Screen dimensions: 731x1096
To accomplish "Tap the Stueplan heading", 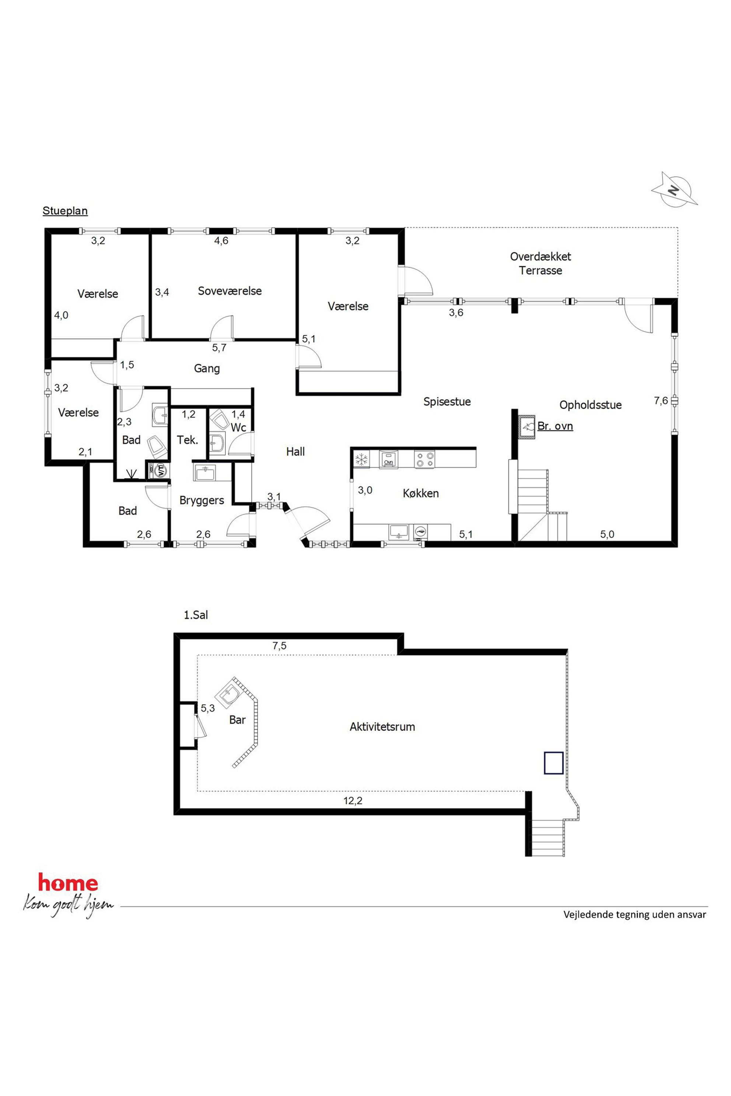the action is pos(65,211).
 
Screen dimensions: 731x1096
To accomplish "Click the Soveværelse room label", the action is pos(230,291).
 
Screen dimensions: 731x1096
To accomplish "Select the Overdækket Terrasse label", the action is pos(540,263).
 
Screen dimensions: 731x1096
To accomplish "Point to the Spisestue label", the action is pos(447,402).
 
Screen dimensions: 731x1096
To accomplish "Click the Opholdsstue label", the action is pos(591,405).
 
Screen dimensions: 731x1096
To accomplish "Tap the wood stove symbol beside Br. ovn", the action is pos(528,426).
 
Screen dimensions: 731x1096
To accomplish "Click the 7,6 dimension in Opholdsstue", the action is pos(661,401).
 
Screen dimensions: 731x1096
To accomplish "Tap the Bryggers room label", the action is pos(202,500).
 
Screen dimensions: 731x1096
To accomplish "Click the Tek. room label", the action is pos(188,440).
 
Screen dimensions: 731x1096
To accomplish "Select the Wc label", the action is pos(238,427).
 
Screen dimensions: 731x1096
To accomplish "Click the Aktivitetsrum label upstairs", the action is pos(382,727).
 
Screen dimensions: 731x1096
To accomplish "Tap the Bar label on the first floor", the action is pos(237,720).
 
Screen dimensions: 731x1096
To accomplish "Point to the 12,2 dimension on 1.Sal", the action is pos(353,801).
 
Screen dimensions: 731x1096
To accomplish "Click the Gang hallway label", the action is pos(207,369).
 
